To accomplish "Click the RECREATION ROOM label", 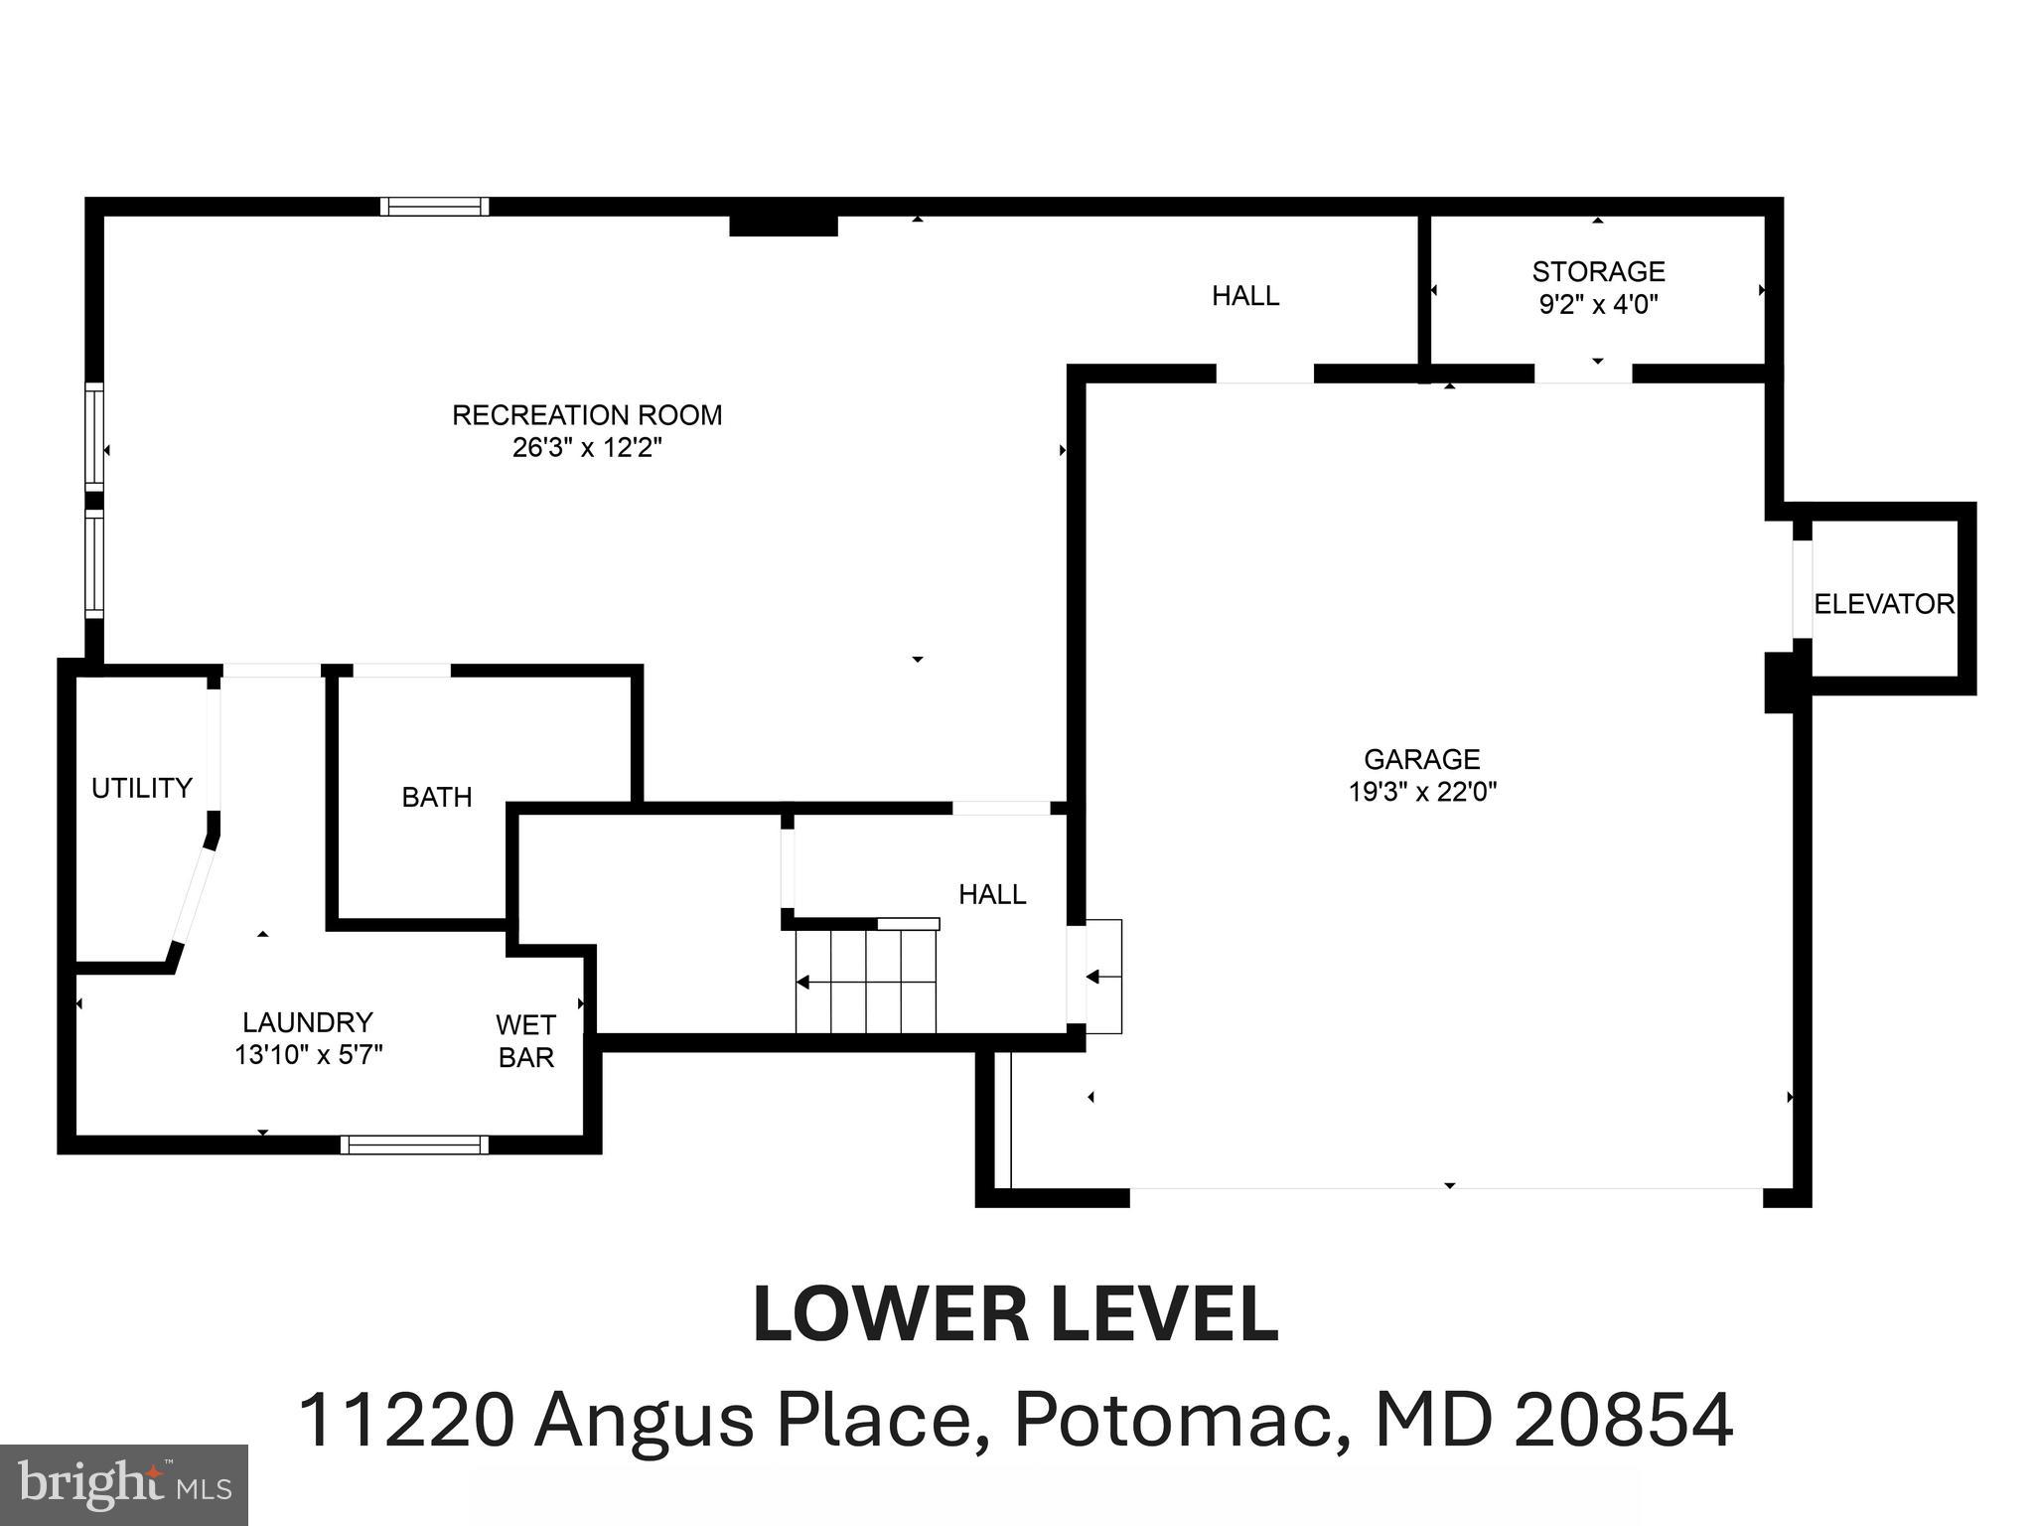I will click(587, 414).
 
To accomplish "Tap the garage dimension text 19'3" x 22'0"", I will click(1422, 792).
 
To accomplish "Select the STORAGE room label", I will click(1598, 271).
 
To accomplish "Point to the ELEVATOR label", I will click(1884, 604).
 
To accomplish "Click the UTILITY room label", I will click(142, 788).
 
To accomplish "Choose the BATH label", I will click(436, 797).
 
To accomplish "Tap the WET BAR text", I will click(525, 1040).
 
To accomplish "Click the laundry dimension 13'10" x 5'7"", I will click(309, 1055).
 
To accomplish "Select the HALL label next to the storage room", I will click(1245, 296).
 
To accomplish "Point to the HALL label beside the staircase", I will click(992, 894).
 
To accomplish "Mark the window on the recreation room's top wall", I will click(434, 207).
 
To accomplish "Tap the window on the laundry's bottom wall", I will click(415, 1144).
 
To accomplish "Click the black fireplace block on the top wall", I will click(784, 226).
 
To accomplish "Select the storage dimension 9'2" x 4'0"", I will click(1598, 304).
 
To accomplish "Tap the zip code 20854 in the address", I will click(1624, 1421).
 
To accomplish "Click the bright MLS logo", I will click(124, 1484).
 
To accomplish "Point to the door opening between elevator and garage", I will click(1802, 588).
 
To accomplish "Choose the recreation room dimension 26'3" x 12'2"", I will click(587, 447).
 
